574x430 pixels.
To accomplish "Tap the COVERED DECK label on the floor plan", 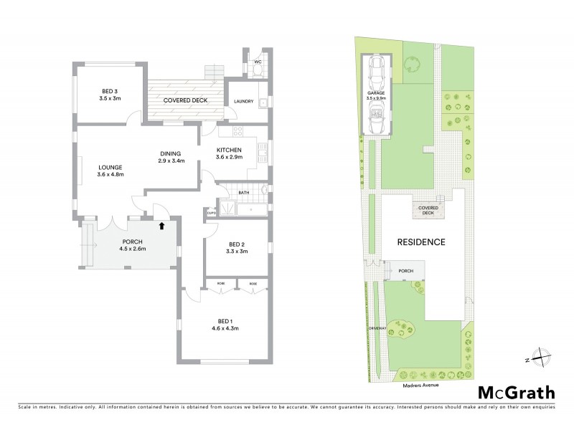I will point(185,100).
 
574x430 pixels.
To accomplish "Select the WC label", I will point(258,62).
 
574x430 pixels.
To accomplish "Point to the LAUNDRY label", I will point(244,101).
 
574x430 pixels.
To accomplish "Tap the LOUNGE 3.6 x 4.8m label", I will point(111,171).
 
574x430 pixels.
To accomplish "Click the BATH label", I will point(244,193).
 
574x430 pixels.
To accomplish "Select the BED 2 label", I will point(237,248).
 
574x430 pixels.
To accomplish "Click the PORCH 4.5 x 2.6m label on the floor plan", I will point(133,245).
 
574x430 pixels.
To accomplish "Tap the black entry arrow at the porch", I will point(161,226).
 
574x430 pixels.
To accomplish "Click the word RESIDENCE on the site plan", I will point(423,242).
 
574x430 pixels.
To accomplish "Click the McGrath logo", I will point(516,393).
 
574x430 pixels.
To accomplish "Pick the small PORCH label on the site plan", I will point(406,271).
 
